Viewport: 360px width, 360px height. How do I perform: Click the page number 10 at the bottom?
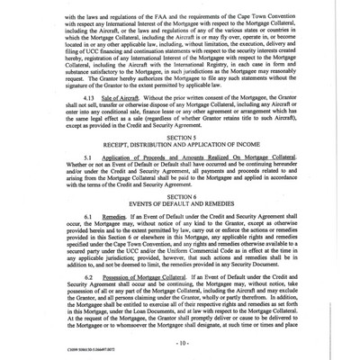pyautogui.click(x=180, y=342)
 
